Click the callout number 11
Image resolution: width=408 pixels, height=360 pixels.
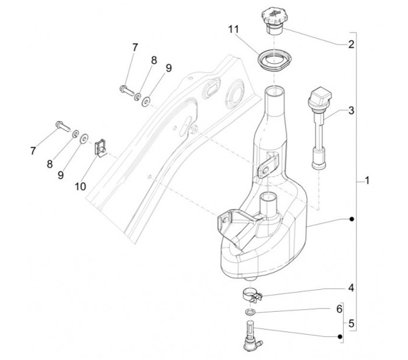[233, 30]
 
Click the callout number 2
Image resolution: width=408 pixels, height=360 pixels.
[351, 44]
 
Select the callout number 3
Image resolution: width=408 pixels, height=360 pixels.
[351, 111]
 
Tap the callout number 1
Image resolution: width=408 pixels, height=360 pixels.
[367, 181]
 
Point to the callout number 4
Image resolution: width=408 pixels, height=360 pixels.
[351, 288]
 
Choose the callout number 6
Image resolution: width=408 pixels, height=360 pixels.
[339, 309]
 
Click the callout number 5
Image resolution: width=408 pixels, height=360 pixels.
[351, 324]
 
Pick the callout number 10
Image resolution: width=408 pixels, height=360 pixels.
[80, 186]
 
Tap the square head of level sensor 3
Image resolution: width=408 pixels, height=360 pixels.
[320, 97]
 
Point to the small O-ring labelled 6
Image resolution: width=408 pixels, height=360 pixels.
[250, 312]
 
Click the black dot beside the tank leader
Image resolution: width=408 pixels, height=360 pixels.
[351, 219]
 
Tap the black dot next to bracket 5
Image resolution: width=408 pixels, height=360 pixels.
[339, 337]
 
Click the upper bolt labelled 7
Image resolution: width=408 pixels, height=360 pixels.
[127, 90]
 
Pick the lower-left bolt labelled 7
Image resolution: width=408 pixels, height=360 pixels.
[63, 126]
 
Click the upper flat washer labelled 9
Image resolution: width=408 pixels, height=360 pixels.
[146, 102]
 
